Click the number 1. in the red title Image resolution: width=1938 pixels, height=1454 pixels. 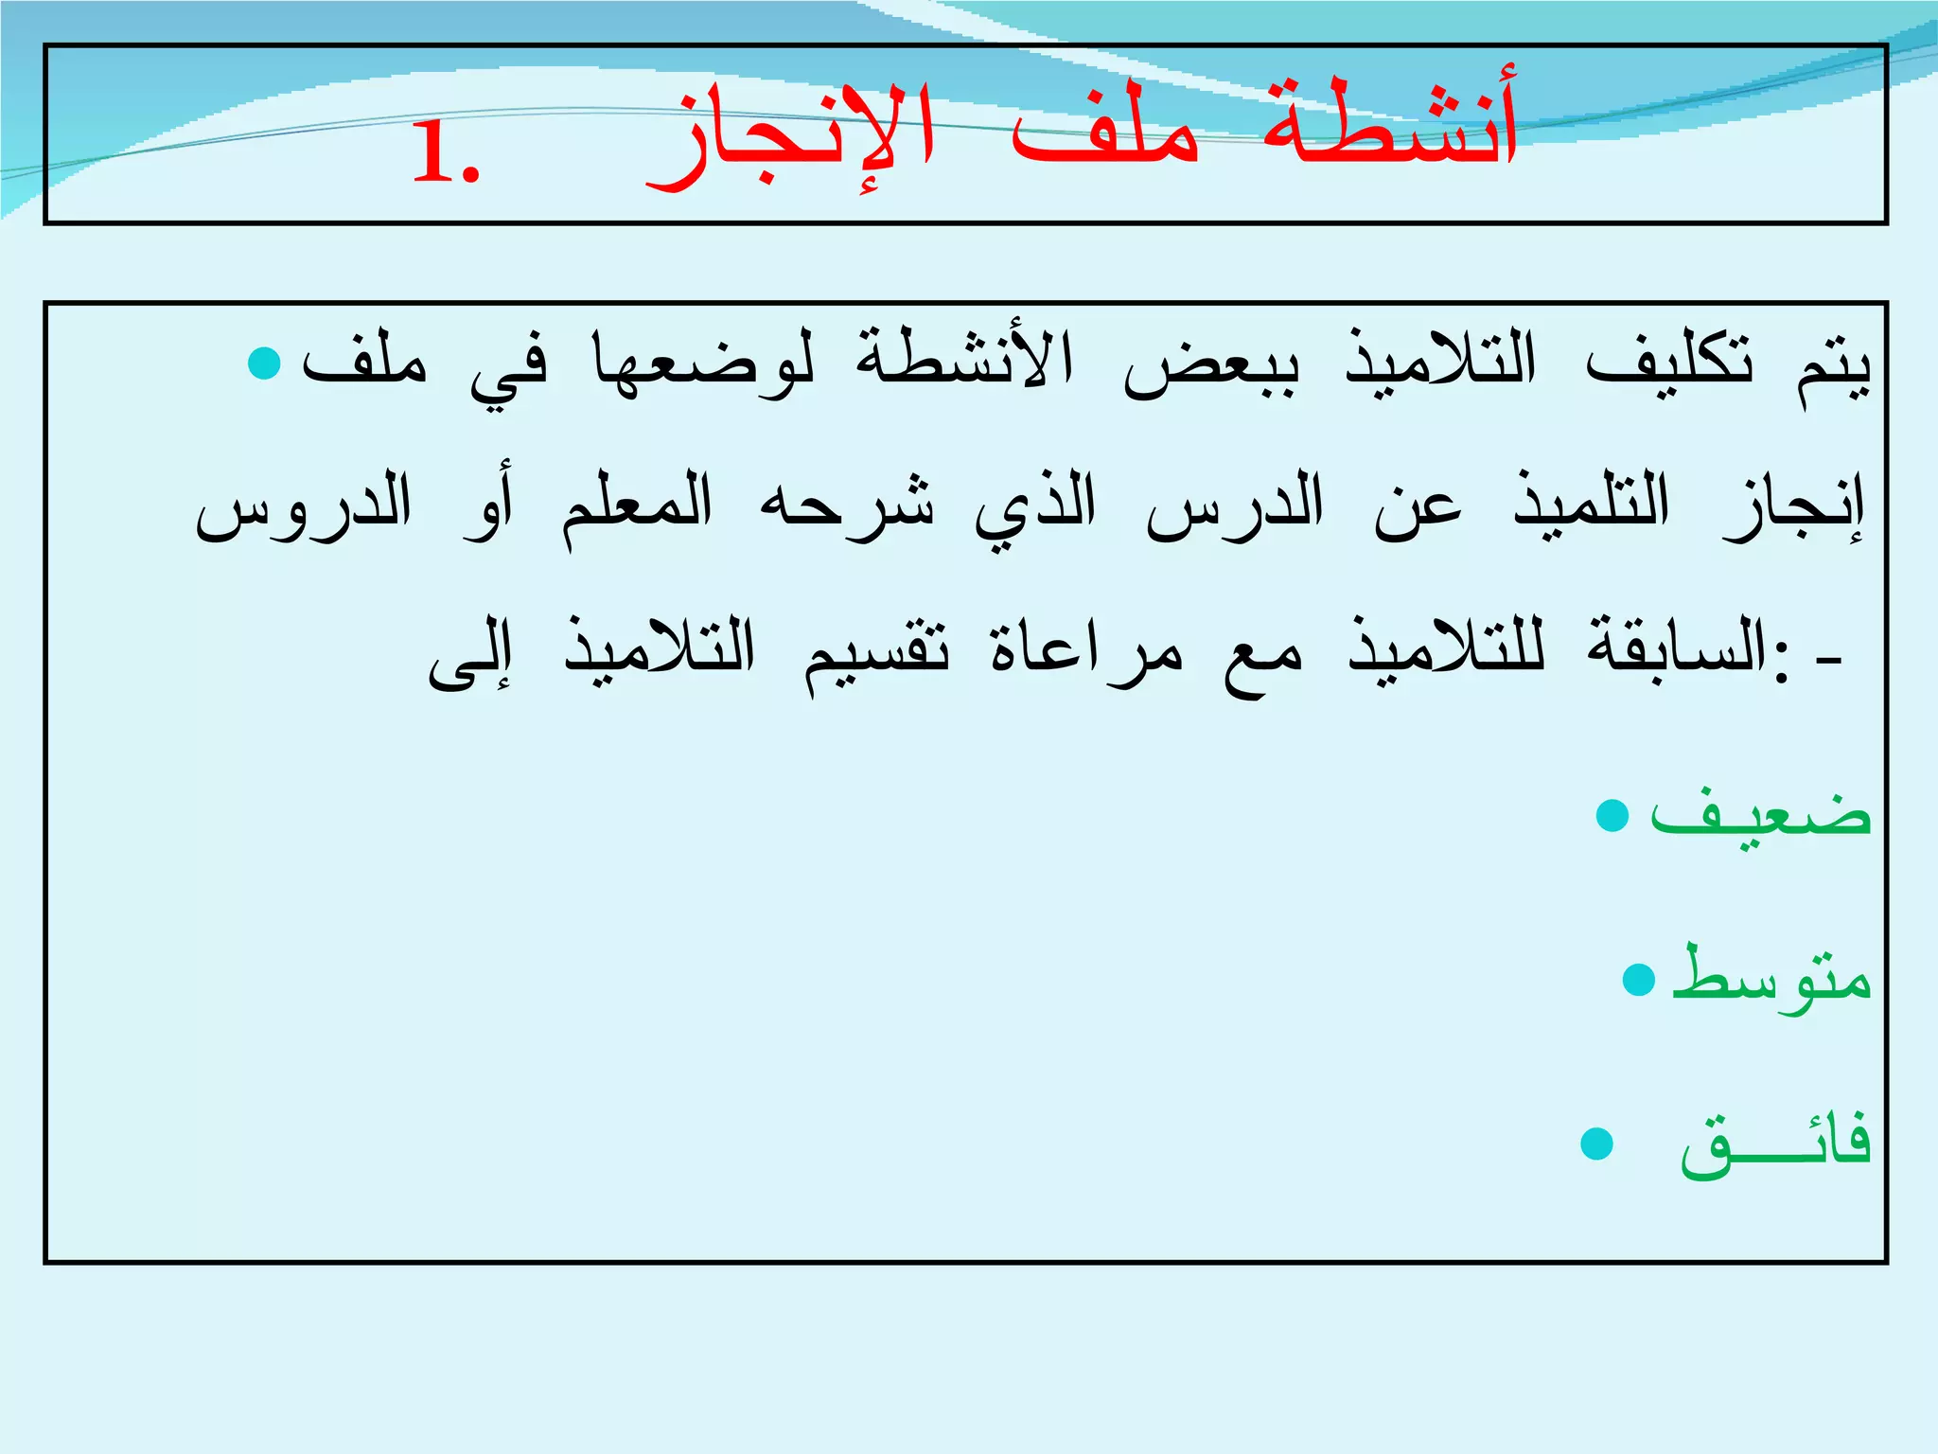pyautogui.click(x=447, y=155)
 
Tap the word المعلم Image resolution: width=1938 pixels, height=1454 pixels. pyautogui.click(x=637, y=507)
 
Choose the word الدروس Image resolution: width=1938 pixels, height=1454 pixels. pyautogui.click(x=304, y=505)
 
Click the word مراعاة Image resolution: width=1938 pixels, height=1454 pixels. pyautogui.click(x=1086, y=649)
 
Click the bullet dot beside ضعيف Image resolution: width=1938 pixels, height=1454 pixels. pyautogui.click(x=1612, y=816)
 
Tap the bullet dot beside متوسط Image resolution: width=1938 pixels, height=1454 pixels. pyautogui.click(x=1638, y=980)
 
